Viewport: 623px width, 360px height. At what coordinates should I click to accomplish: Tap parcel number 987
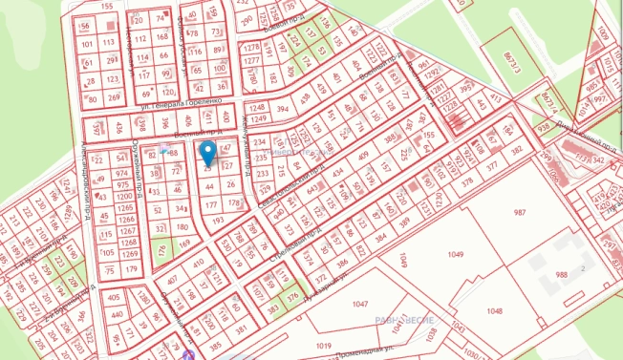(x=519, y=212)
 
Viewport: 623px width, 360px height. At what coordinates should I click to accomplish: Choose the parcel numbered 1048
(x=493, y=311)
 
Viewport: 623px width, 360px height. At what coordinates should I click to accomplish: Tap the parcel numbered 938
(x=543, y=127)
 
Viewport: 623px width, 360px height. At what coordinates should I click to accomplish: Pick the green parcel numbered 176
(x=162, y=250)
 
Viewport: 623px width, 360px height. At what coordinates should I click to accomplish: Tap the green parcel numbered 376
(x=292, y=297)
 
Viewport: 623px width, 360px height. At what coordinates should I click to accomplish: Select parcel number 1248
(x=256, y=109)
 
